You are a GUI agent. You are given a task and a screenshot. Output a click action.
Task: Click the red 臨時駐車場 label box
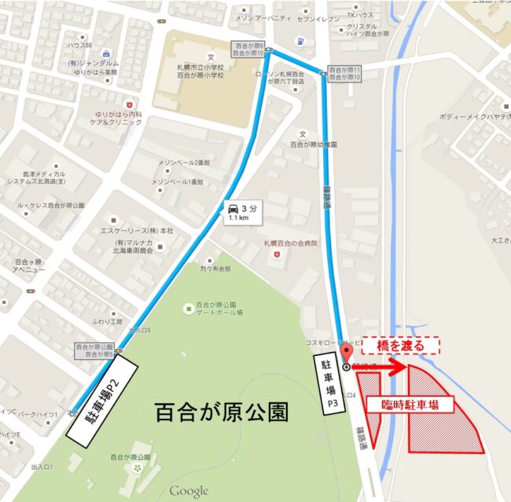pos(413,405)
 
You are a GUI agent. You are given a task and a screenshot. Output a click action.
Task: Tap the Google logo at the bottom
pos(189,492)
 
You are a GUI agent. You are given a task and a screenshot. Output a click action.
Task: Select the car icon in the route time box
pos(234,208)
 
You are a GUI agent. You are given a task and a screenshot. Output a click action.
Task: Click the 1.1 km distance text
pos(240,220)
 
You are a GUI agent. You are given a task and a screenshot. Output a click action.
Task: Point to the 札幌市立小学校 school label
pos(210,79)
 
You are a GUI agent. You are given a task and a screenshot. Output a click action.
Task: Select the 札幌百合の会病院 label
pos(290,244)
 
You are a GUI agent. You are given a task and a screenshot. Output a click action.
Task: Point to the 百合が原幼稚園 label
pos(307,146)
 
